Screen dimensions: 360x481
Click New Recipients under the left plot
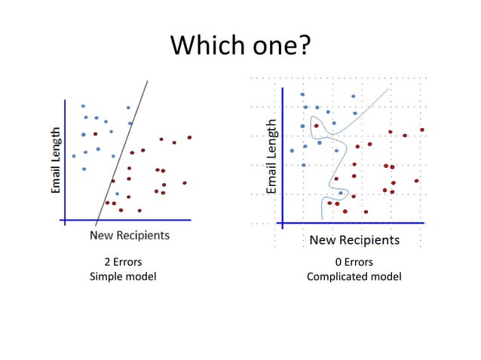click(x=130, y=235)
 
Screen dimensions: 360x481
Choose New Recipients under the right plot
click(x=354, y=240)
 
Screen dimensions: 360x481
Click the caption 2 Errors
click(x=123, y=262)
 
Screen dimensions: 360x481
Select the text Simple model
click(x=123, y=276)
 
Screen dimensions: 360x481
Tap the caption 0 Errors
click(x=354, y=262)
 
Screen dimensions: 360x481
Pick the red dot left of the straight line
click(x=95, y=133)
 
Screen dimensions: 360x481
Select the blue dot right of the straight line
click(x=117, y=194)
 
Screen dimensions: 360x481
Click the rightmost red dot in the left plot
click(x=189, y=137)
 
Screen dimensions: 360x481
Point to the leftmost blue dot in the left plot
click(x=74, y=156)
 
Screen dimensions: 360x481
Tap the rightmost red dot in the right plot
click(x=421, y=130)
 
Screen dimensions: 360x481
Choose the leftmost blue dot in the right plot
click(x=292, y=151)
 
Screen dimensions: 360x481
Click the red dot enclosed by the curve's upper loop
click(x=316, y=126)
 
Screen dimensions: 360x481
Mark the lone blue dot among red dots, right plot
click(x=340, y=193)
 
